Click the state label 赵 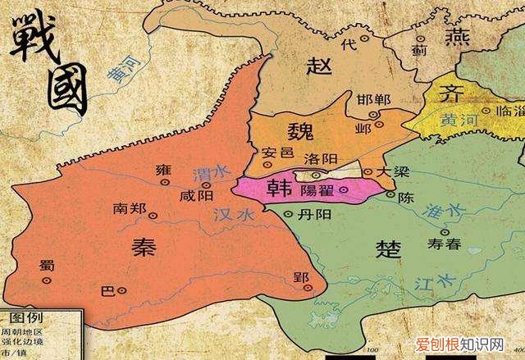(x=317, y=66)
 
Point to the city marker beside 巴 (x=122, y=289)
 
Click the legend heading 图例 (x=25, y=317)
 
